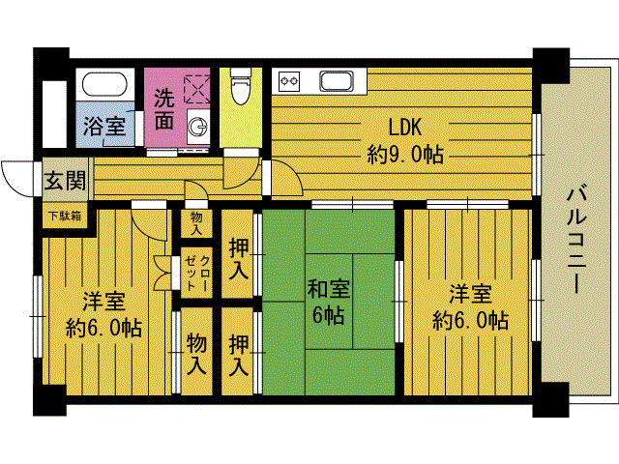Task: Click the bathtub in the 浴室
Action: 104,84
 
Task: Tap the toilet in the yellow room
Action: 241,86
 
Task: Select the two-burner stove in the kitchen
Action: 289,81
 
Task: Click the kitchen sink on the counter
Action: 337,81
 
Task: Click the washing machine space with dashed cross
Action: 197,89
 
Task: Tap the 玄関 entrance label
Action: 65,181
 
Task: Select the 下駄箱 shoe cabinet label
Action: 65,217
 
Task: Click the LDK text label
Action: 405,128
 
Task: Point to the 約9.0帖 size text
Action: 405,155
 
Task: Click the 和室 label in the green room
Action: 329,289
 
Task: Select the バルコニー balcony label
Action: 576,239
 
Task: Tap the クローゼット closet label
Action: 197,273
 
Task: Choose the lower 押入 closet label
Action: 239,354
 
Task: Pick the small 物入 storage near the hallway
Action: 196,223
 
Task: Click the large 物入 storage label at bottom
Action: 196,353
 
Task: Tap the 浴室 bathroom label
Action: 104,127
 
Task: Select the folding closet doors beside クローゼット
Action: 162,273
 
